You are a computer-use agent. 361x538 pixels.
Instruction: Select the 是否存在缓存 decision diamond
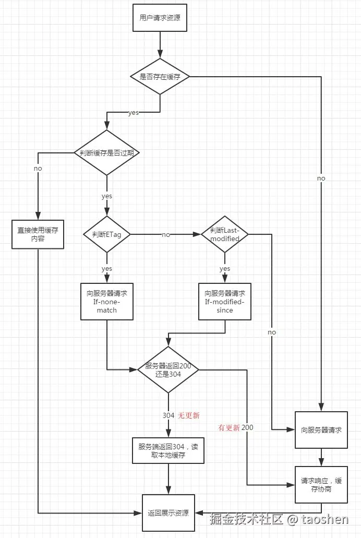(160, 77)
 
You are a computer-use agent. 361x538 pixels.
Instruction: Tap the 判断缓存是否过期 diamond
(106, 153)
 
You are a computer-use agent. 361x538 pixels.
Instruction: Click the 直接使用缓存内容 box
(38, 234)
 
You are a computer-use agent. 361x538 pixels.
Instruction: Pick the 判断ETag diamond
(106, 234)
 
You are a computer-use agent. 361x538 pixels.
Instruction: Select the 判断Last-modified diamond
(225, 234)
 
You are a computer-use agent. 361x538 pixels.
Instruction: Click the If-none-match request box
(106, 301)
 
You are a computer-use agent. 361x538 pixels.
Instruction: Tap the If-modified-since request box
(225, 301)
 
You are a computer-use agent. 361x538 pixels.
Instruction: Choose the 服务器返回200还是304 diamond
(168, 370)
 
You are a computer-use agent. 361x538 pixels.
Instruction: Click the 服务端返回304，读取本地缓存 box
(169, 450)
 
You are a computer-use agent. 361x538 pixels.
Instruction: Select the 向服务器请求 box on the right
(321, 430)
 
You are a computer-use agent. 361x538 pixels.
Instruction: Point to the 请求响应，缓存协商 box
(321, 485)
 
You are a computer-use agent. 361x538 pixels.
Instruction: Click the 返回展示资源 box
(168, 512)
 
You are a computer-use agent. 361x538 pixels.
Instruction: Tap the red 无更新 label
(189, 415)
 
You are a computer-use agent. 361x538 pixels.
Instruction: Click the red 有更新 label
(228, 427)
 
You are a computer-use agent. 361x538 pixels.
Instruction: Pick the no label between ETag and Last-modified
(165, 235)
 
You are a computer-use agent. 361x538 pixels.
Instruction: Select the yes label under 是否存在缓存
(133, 113)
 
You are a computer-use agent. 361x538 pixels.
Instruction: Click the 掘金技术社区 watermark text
(246, 519)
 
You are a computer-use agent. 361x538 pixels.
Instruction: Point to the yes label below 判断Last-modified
(225, 269)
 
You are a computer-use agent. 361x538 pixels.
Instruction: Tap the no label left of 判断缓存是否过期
(38, 169)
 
